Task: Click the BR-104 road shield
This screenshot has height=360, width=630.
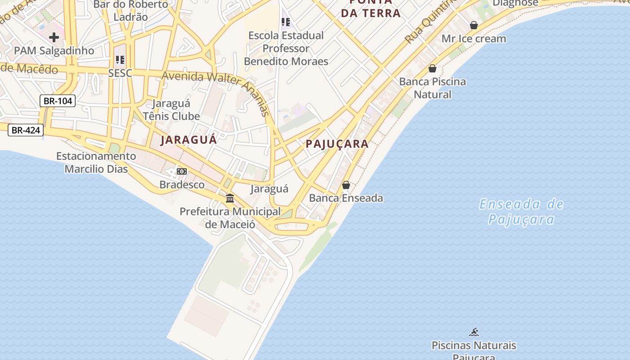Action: coord(58,101)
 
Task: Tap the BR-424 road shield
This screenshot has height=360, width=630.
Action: coord(26,130)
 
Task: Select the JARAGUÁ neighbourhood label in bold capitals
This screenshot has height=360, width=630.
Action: coord(189,139)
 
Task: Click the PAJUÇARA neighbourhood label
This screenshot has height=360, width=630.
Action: coord(337,144)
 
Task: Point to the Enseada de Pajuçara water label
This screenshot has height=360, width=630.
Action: coord(521,211)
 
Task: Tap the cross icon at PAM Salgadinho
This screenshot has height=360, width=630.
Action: coord(54,37)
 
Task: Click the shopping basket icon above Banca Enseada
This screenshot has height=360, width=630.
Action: coord(346,185)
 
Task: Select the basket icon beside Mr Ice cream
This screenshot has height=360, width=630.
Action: coord(474,25)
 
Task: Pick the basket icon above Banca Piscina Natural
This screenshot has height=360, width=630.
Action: coord(432,68)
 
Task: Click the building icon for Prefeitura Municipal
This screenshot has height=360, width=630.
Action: coord(230,198)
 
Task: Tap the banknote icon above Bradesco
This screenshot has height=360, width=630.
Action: coord(182,171)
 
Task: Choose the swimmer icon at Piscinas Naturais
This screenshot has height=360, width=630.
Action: coord(474,332)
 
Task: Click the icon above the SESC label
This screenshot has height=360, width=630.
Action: coord(120,59)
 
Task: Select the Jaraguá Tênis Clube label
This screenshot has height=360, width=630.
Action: coord(171,110)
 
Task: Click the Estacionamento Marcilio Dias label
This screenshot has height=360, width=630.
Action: coord(96,162)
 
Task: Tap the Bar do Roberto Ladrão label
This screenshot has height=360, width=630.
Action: coord(130,11)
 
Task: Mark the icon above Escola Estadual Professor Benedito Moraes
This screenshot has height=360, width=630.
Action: coord(286,22)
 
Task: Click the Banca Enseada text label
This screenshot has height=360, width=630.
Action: coord(346,198)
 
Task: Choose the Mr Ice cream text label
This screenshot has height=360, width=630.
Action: coord(473,39)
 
